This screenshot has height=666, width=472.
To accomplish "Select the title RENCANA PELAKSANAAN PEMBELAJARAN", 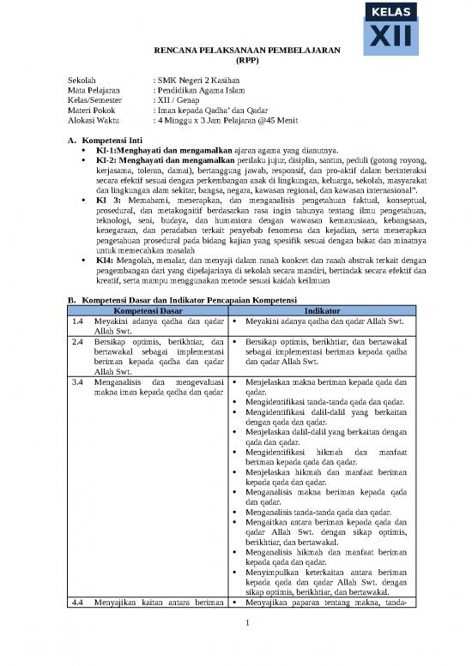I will [x=240, y=51].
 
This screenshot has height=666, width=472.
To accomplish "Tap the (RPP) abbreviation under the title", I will [x=240, y=62].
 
